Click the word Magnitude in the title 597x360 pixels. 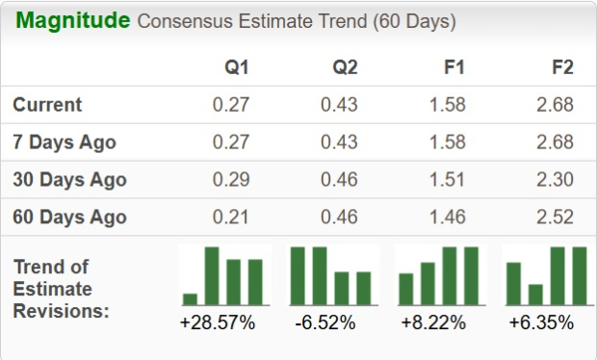pyautogui.click(x=72, y=20)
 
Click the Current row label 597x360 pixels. pyautogui.click(x=47, y=105)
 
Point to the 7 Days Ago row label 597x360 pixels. pyautogui.click(x=64, y=142)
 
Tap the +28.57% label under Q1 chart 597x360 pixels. pyautogui.click(x=218, y=322)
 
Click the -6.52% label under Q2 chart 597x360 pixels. pyautogui.click(x=325, y=322)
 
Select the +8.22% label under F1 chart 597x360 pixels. pyautogui.click(x=434, y=322)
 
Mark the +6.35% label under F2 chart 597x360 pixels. pyautogui.click(x=541, y=322)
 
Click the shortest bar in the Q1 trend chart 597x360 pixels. pyautogui.click(x=190, y=298)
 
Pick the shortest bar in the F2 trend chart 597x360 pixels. pyautogui.click(x=535, y=294)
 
